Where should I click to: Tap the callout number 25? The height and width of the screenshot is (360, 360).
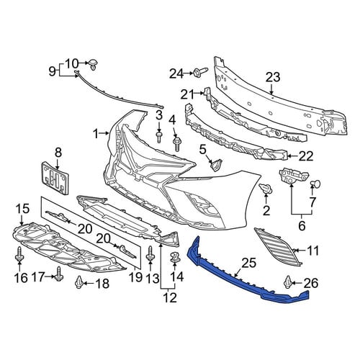248,263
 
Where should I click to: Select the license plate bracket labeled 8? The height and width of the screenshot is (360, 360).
55,178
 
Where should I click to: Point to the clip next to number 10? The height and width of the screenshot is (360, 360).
94,64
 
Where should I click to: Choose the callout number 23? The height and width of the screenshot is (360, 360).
273,78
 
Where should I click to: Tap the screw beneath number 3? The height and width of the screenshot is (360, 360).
159,137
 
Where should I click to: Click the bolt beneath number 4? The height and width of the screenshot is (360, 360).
176,143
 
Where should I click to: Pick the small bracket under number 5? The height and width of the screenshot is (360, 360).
216,165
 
